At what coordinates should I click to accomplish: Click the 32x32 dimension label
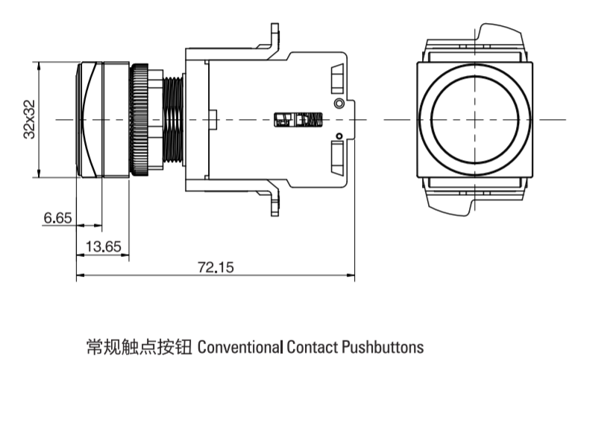pos(29,119)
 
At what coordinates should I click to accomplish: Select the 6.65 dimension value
pos(57,218)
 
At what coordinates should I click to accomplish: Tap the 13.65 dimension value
pos(104,247)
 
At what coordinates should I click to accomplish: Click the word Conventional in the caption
pos(240,347)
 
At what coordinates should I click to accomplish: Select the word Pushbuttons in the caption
pos(383,347)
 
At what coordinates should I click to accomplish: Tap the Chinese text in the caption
pos(139,347)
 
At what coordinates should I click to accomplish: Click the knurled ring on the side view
pos(139,119)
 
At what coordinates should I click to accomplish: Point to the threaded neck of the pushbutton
pos(172,119)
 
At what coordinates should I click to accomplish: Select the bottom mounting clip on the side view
pos(270,202)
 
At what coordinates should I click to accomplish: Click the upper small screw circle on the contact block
pos(339,103)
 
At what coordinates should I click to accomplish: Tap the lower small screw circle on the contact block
pos(339,136)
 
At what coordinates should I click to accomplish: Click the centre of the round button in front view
pos(475,119)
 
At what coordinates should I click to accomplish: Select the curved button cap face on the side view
pos(83,119)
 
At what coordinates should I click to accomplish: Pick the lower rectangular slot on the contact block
pos(336,159)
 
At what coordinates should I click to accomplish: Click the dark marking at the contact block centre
pos(299,120)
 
